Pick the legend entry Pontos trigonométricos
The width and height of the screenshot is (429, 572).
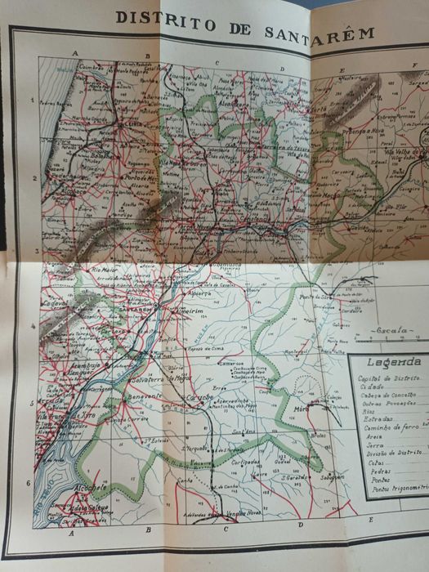tap(392, 488)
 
